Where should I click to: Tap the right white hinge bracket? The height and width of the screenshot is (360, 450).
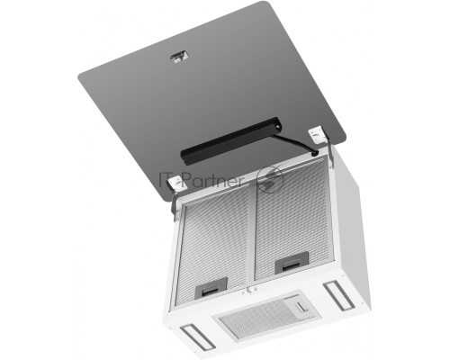pos(318,136)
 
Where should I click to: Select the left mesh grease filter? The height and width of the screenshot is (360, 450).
pos(213,248)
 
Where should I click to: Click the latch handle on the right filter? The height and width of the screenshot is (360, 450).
pos(290,263)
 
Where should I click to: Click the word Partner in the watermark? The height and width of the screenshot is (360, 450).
pos(211,179)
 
